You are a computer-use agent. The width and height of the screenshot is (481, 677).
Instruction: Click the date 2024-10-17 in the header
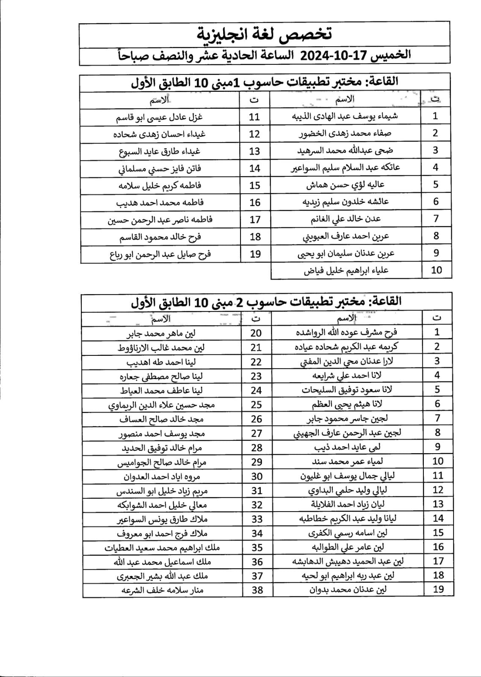tap(332, 55)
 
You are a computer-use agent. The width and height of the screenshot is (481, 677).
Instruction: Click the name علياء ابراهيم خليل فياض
tap(346, 270)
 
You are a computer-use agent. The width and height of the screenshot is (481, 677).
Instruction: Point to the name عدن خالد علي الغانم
tap(346, 219)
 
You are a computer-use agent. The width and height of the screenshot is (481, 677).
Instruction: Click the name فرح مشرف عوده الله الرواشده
tap(346, 332)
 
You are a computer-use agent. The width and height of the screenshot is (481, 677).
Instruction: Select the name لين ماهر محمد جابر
tap(161, 333)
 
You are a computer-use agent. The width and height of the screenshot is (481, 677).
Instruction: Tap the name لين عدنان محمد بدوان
tap(347, 589)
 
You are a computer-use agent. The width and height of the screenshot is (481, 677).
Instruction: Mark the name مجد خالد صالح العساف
tap(161, 419)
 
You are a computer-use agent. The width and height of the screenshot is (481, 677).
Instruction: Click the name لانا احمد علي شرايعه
tap(347, 375)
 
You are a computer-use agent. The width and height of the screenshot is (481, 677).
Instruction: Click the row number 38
tap(257, 590)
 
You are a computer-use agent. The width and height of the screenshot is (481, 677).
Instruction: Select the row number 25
tap(256, 405)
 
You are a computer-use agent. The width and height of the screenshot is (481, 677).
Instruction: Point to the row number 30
tap(257, 476)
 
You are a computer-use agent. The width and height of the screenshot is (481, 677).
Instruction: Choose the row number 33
tap(257, 519)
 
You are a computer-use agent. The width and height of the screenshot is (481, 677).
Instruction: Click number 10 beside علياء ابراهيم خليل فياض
tap(436, 270)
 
